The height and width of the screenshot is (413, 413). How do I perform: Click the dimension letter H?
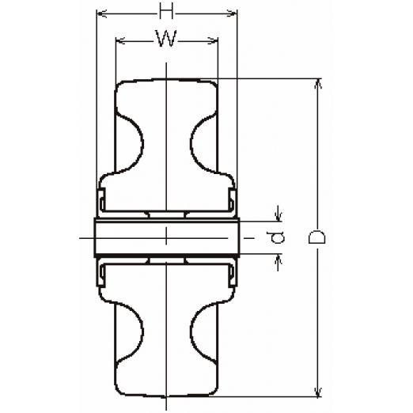point(166,12)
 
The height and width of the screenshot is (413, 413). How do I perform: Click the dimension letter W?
point(166,39)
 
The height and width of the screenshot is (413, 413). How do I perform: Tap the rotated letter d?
point(275,237)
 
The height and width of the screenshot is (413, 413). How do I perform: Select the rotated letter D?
point(316,237)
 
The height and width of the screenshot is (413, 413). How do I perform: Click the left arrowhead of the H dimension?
point(102,13)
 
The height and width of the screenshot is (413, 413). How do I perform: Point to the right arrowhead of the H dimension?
point(232,13)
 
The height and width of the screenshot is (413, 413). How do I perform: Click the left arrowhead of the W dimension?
point(120,41)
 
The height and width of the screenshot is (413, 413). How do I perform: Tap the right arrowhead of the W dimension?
point(213,40)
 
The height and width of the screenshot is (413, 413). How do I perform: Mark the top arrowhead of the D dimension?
point(319,84)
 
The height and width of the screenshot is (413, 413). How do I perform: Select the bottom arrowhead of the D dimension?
point(319,392)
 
